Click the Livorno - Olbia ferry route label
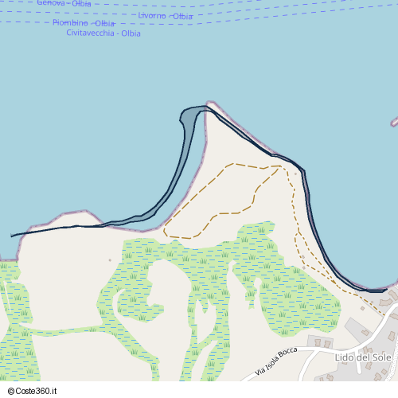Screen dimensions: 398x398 pyautogui.click(x=165, y=16)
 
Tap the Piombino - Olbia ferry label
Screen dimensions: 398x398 pyautogui.click(x=84, y=24)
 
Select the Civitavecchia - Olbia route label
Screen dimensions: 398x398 pyautogui.click(x=103, y=33)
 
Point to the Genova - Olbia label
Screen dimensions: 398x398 pyautogui.click(x=64, y=4)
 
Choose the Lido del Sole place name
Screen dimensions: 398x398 pyautogui.click(x=363, y=357)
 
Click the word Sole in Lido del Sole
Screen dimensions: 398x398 pyautogui.click(x=380, y=357)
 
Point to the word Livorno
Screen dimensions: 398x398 pyautogui.click(x=151, y=16)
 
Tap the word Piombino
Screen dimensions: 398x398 pyautogui.click(x=70, y=24)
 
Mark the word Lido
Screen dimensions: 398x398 pyautogui.click(x=345, y=357)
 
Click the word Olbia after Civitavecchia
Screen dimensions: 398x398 pyautogui.click(x=131, y=33)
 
